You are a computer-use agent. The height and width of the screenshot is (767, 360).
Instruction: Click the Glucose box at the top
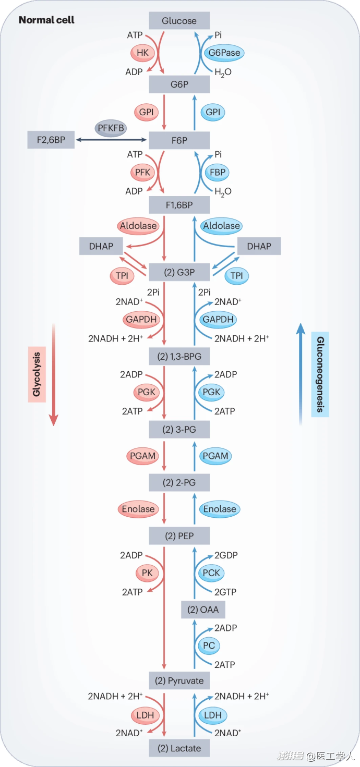click(x=179, y=20)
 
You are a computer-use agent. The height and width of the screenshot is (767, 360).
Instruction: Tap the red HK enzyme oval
click(x=142, y=53)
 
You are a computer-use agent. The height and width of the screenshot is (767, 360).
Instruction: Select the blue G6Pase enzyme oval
click(x=224, y=53)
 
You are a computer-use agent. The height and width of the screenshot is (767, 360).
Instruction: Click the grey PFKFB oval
click(x=111, y=128)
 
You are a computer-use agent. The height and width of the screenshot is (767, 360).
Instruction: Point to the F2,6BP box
click(x=51, y=140)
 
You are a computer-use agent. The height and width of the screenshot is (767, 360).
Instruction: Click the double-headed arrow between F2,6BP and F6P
click(x=111, y=140)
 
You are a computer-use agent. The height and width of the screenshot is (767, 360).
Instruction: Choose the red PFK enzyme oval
click(x=142, y=172)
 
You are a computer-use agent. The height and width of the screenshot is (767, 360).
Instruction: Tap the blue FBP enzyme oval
click(x=218, y=172)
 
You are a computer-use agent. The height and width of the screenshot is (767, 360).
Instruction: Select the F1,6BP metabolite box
click(x=179, y=205)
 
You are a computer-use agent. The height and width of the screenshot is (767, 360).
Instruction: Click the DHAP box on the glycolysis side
click(x=101, y=246)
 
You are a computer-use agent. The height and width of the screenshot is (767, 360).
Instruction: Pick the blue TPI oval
click(x=236, y=276)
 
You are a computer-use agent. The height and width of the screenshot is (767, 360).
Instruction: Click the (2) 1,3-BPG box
click(x=179, y=357)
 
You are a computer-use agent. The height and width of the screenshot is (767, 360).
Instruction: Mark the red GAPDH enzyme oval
click(x=141, y=320)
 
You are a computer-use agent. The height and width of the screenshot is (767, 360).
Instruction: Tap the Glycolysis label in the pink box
click(x=37, y=374)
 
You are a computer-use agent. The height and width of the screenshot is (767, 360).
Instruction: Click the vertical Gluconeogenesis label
click(x=320, y=374)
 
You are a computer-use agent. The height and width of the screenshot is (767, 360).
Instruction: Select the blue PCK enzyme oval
click(x=211, y=573)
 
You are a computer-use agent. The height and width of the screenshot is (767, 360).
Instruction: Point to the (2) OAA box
click(x=203, y=610)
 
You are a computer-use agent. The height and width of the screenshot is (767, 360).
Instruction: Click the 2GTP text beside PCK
click(x=225, y=592)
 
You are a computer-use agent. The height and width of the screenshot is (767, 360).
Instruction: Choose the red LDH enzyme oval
click(x=145, y=715)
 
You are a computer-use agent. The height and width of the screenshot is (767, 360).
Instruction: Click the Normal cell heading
click(x=46, y=20)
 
